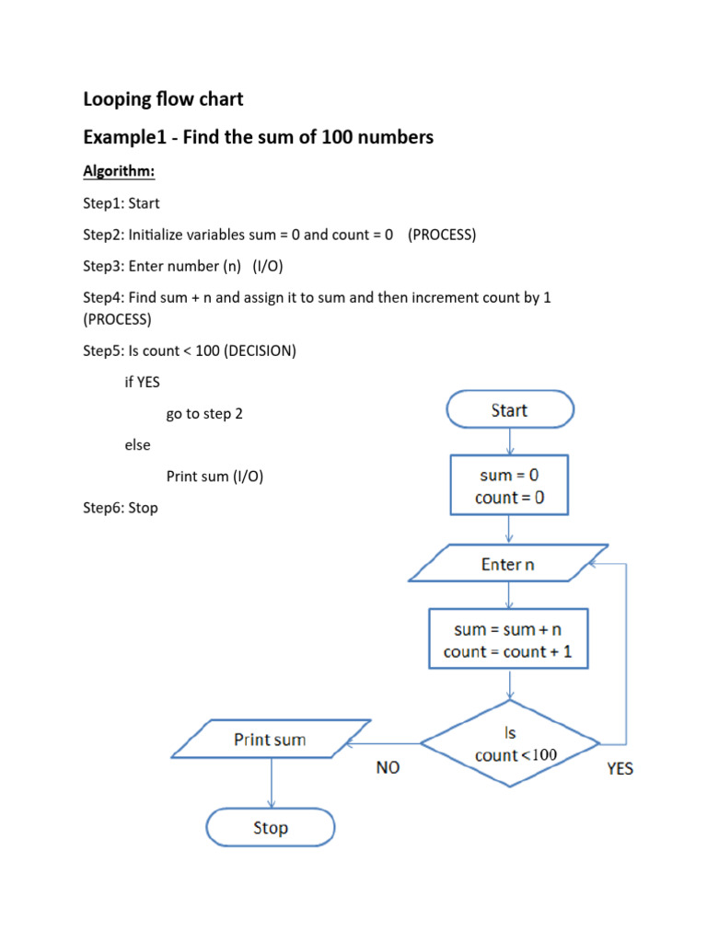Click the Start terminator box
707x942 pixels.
pyautogui.click(x=509, y=410)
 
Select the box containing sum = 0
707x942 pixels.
pyautogui.click(x=509, y=487)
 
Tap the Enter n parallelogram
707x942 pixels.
pyautogui.click(x=507, y=564)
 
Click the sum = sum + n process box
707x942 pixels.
pyautogui.click(x=508, y=640)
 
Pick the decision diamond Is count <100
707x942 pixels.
pyautogui.click(x=510, y=744)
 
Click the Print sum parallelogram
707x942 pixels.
pyautogui.click(x=270, y=740)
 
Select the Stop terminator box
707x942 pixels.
pyautogui.click(x=271, y=828)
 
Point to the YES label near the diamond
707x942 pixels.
pyautogui.click(x=620, y=767)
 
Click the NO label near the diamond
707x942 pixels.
pyautogui.click(x=388, y=767)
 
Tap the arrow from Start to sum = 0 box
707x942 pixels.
pyautogui.click(x=509, y=442)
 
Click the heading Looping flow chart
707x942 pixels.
pyautogui.click(x=164, y=98)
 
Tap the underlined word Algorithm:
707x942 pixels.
pyautogui.click(x=119, y=172)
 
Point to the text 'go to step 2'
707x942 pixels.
pyautogui.click(x=204, y=414)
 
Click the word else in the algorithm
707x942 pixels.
pyautogui.click(x=137, y=445)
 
